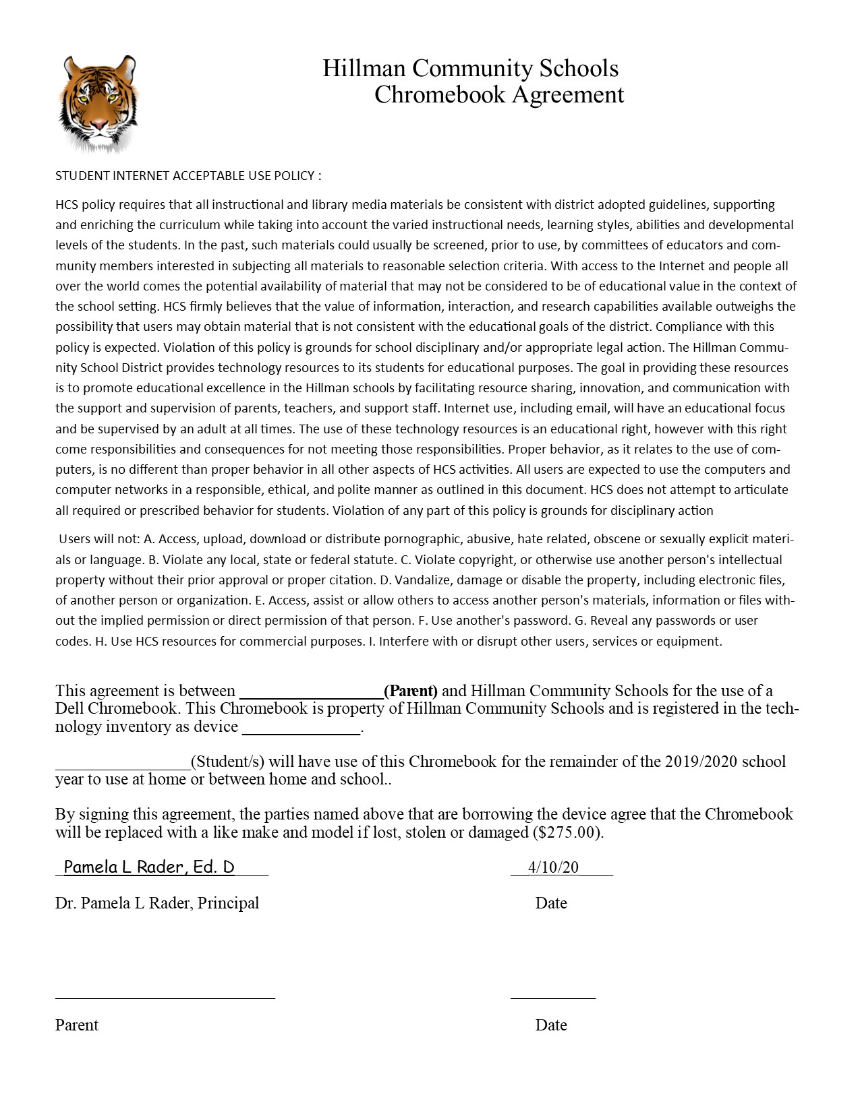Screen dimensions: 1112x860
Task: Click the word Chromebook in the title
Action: (439, 94)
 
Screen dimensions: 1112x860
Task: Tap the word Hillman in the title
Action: (364, 68)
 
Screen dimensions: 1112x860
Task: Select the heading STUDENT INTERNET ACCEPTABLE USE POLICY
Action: (188, 176)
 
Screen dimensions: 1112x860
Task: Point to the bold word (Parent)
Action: (411, 691)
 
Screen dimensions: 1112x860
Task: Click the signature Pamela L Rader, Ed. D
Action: (149, 867)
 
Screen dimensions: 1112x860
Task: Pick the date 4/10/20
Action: (553, 867)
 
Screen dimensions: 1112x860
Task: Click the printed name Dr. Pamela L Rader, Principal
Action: (157, 903)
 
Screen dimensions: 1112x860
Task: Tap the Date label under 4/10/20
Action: (551, 903)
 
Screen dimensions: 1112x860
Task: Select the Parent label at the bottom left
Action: (77, 1025)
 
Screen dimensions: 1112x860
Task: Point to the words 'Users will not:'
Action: (100, 539)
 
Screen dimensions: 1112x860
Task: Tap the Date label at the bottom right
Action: (551, 1025)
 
